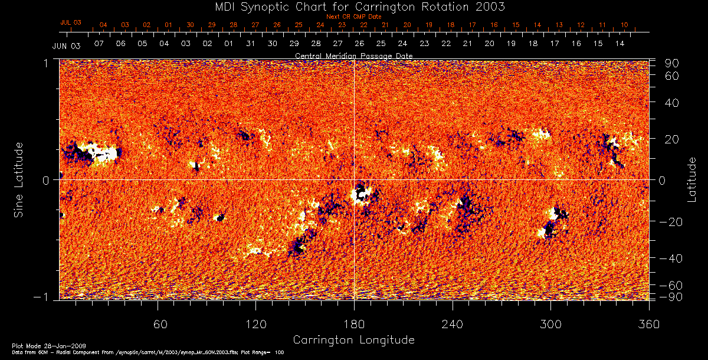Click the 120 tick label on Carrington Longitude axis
point(255,325)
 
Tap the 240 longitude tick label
point(453,325)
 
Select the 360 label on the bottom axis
point(649,325)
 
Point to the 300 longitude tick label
point(550,325)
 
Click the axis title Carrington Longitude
point(353,340)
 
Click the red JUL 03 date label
point(70,22)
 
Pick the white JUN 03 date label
point(66,45)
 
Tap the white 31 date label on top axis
point(251,44)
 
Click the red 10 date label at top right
point(624,25)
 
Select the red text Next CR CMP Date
point(353,17)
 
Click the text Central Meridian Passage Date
point(353,55)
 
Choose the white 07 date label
point(99,44)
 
